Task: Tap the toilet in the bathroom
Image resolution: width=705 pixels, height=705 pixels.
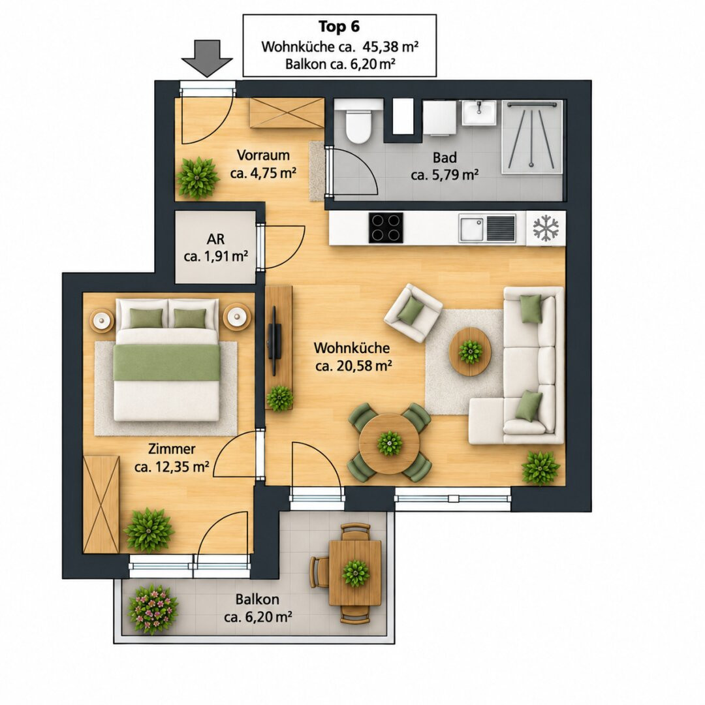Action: pyautogui.click(x=358, y=121)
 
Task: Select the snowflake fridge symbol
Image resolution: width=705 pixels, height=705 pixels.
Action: pyautogui.click(x=545, y=228)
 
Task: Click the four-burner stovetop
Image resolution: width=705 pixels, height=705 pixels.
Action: pyautogui.click(x=386, y=228)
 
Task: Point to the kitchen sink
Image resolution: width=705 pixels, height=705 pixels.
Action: pyautogui.click(x=487, y=228)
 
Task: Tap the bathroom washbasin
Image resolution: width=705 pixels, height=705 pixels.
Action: pyautogui.click(x=479, y=112)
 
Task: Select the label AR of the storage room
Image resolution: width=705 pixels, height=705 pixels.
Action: pyautogui.click(x=215, y=239)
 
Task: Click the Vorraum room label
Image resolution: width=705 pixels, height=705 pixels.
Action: pyautogui.click(x=263, y=155)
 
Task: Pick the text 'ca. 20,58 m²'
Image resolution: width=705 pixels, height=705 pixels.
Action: pyautogui.click(x=353, y=366)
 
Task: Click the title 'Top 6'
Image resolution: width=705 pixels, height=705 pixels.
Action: pyautogui.click(x=339, y=27)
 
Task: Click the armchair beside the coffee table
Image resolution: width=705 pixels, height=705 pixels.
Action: pyautogui.click(x=413, y=313)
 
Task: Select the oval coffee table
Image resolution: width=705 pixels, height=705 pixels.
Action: pyautogui.click(x=470, y=351)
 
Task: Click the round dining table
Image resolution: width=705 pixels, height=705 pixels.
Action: pyautogui.click(x=389, y=443)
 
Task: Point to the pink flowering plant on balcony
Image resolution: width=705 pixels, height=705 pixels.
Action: pyautogui.click(x=153, y=609)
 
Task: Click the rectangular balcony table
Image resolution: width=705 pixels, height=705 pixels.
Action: pyautogui.click(x=355, y=573)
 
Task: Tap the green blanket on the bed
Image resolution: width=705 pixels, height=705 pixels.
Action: pyautogui.click(x=166, y=362)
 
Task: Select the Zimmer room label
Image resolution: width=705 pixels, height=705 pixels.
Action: pyautogui.click(x=172, y=448)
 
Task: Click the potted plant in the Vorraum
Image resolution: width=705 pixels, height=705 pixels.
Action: pyautogui.click(x=197, y=178)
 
